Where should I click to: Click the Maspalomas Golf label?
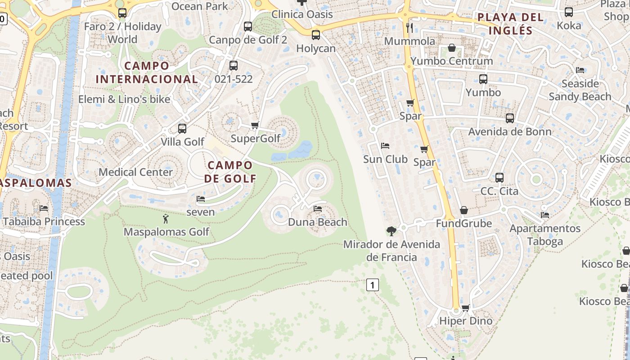tap(166, 232)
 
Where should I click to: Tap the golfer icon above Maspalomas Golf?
tap(166, 219)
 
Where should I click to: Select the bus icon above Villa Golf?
tap(182, 129)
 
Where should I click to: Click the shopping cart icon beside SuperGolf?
tap(255, 126)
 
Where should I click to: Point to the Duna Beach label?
tap(318, 222)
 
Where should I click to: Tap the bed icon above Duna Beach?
tap(318, 209)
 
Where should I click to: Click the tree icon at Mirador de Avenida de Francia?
tap(391, 231)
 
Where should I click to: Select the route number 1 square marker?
tap(372, 284)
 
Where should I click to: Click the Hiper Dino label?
tap(466, 321)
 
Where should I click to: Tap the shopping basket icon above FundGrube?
tap(464, 210)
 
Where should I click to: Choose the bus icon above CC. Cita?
tap(499, 178)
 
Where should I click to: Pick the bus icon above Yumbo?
tap(483, 79)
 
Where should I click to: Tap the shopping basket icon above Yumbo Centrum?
tap(452, 48)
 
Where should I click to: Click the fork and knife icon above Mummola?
tap(409, 28)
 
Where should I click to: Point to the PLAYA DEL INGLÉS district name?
tap(511, 24)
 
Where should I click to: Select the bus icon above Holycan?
tap(316, 35)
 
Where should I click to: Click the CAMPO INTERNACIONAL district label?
tap(147, 72)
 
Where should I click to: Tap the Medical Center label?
tap(135, 172)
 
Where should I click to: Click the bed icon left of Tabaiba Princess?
tap(44, 208)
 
